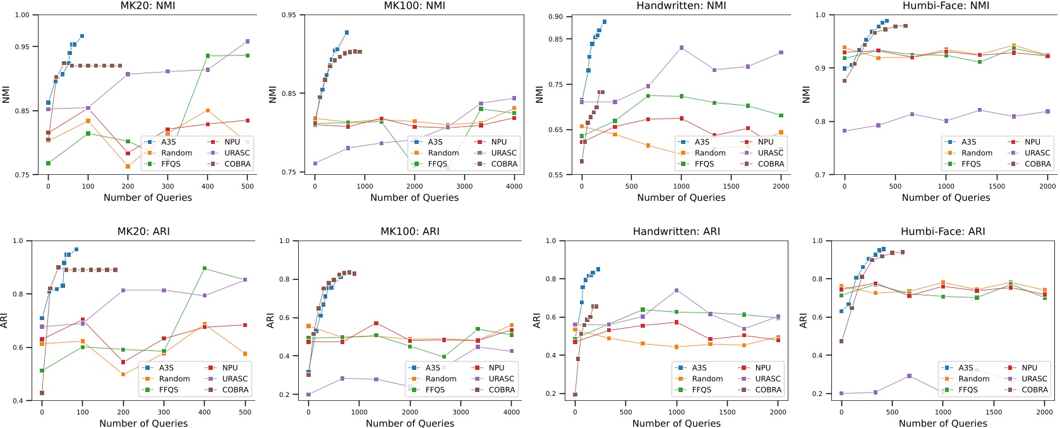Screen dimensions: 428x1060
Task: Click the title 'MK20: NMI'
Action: tap(147, 6)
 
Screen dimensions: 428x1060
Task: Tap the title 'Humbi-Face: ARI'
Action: tap(946, 232)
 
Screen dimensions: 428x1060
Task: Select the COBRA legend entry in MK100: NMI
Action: tap(503, 163)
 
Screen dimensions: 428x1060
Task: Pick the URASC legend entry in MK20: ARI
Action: tap(234, 379)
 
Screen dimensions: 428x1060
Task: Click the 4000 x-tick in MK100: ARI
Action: tap(511, 412)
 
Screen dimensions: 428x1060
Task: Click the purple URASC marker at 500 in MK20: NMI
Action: tap(247, 42)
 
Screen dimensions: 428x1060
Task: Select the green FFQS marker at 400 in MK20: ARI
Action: tap(205, 268)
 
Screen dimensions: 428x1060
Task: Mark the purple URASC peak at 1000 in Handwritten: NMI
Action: tap(682, 47)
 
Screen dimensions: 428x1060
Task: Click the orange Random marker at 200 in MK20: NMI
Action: tap(128, 166)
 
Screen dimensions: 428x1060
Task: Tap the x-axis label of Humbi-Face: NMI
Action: tap(946, 198)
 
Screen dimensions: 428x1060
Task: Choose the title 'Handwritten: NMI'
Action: tap(681, 6)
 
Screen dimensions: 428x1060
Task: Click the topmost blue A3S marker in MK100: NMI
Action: tap(347, 32)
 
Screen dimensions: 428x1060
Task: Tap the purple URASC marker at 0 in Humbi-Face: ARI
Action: tap(841, 393)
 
